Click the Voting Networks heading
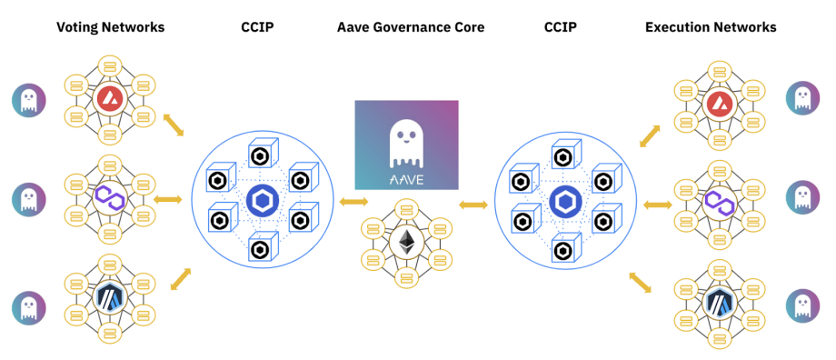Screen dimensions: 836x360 (110, 26)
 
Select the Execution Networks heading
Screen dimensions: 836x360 (711, 26)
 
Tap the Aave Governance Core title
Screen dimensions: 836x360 (411, 26)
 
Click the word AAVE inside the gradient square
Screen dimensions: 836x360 (406, 179)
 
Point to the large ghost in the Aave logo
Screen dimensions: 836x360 (406, 144)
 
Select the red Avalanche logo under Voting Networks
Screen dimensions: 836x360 (109, 97)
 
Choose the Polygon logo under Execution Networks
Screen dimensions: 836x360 (715, 202)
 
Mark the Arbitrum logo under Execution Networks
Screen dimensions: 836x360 (715, 303)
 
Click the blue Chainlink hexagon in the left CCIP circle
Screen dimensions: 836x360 (263, 201)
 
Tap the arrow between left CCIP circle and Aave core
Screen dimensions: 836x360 (353, 202)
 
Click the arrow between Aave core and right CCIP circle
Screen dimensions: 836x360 (473, 205)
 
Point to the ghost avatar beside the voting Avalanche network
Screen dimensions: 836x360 (29, 101)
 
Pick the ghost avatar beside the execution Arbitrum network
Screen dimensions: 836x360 (803, 305)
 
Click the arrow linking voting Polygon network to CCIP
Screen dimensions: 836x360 (167, 200)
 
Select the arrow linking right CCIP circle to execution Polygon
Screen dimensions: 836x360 (658, 205)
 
